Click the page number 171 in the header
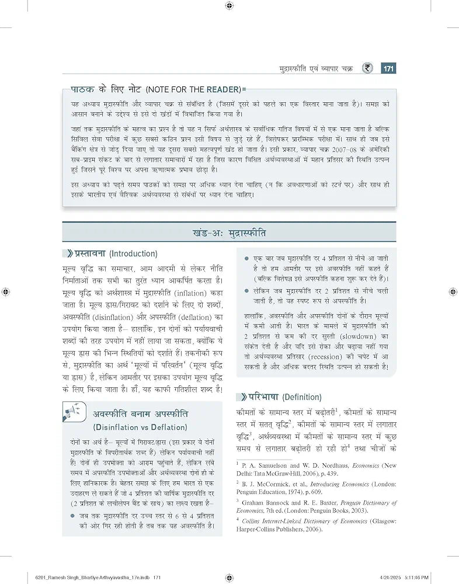[x=388, y=69]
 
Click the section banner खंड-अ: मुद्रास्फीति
[x=229, y=232]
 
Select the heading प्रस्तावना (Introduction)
[x=116, y=254]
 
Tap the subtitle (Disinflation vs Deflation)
[x=140, y=427]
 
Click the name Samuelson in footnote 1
[x=276, y=465]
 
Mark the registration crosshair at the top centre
[x=229, y=6]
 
